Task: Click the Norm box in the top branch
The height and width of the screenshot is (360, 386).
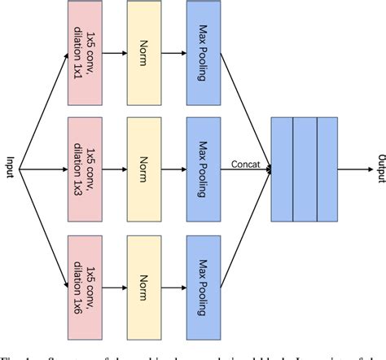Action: tap(145, 52)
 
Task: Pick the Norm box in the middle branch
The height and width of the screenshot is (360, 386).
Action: tap(145, 169)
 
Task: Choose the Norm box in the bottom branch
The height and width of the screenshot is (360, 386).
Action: tap(145, 285)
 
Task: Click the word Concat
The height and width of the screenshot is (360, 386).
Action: tap(245, 163)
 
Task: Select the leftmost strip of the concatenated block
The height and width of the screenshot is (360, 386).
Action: tap(282, 169)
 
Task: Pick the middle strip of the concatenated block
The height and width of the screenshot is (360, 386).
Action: tap(305, 169)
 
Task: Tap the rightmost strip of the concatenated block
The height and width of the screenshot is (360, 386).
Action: tap(327, 169)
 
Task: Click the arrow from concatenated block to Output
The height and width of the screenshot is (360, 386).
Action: tap(353, 169)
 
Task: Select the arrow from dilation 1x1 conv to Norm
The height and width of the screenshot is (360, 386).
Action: tap(116, 52)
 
